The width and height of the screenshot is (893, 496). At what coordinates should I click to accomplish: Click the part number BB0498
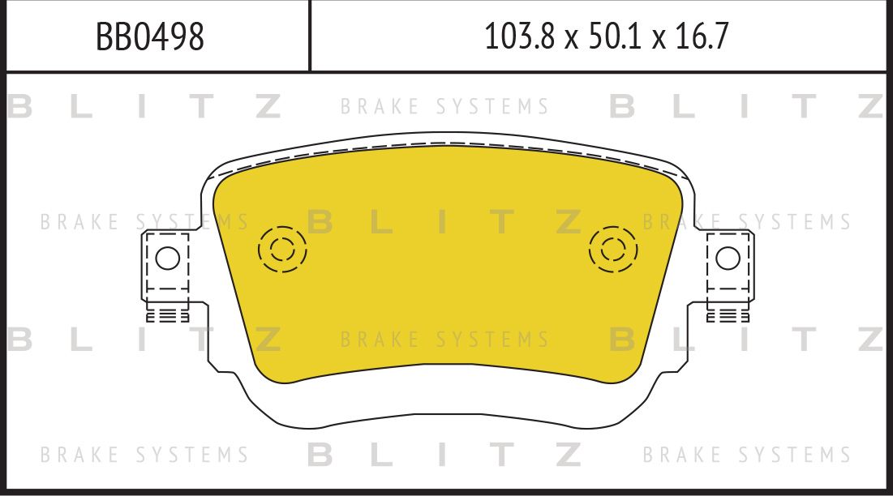click(150, 36)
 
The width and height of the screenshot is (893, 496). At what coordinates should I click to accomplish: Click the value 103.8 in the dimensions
click(518, 36)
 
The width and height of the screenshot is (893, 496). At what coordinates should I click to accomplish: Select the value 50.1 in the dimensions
click(614, 36)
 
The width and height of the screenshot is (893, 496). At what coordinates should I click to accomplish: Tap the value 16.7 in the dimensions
click(703, 36)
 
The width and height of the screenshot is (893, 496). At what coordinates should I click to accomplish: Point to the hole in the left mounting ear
click(167, 259)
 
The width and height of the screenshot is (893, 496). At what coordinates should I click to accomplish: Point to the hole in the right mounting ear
click(728, 259)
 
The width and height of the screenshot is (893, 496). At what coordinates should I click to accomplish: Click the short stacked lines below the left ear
click(167, 315)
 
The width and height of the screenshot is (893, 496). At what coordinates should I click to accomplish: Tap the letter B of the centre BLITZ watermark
click(320, 222)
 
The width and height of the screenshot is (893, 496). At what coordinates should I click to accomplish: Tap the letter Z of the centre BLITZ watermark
click(570, 222)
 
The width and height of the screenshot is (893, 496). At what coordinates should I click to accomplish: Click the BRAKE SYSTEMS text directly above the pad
click(444, 107)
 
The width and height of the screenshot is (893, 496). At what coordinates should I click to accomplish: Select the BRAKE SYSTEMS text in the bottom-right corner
click(747, 455)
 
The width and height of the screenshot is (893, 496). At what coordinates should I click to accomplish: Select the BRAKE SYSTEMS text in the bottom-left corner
click(144, 455)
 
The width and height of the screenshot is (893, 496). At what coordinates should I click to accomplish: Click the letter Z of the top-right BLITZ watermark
click(870, 107)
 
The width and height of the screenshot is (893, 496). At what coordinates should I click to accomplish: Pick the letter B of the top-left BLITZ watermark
click(19, 107)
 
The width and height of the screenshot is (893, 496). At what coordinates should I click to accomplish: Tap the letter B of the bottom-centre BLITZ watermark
click(320, 455)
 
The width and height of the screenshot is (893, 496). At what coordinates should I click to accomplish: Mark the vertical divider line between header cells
click(310, 36)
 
